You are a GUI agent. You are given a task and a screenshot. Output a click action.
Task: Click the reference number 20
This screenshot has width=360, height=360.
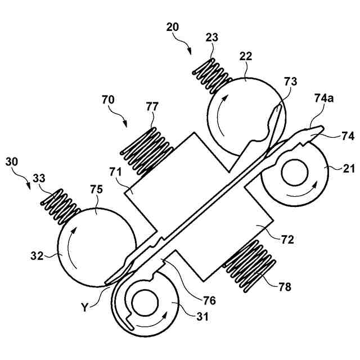(x=174, y=26)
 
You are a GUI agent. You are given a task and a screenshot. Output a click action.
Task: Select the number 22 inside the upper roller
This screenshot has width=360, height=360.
(x=245, y=57)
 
